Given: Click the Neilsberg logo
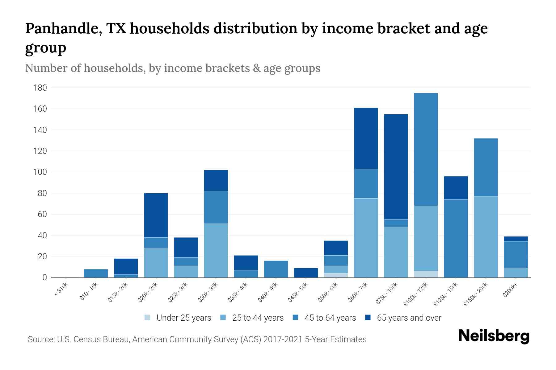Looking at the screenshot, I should pyautogui.click(x=494, y=336).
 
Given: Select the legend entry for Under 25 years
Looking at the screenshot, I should pyautogui.click(x=184, y=318).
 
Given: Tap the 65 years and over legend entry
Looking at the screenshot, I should pyautogui.click(x=409, y=318).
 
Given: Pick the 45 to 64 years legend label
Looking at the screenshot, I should pyautogui.click(x=330, y=318).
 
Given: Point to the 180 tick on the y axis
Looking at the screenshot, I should pyautogui.click(x=40, y=88).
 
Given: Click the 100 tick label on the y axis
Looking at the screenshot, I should pyautogui.click(x=40, y=172).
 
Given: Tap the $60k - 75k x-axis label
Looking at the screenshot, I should pyautogui.click(x=358, y=293).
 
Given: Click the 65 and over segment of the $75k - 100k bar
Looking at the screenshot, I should pyautogui.click(x=396, y=166).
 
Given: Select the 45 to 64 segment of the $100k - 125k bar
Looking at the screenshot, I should pyautogui.click(x=426, y=150).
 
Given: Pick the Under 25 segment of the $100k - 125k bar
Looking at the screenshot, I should pyautogui.click(x=426, y=274).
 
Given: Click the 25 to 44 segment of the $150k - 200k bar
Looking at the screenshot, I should pyautogui.click(x=486, y=237).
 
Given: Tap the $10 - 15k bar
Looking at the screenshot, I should pyautogui.click(x=96, y=273).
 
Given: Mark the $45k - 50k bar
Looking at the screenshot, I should pyautogui.click(x=306, y=273).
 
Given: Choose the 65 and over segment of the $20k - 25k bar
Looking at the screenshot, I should pyautogui.click(x=156, y=215).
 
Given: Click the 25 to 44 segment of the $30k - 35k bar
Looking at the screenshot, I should pyautogui.click(x=216, y=250).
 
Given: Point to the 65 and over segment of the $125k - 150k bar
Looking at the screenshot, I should pyautogui.click(x=456, y=188).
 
